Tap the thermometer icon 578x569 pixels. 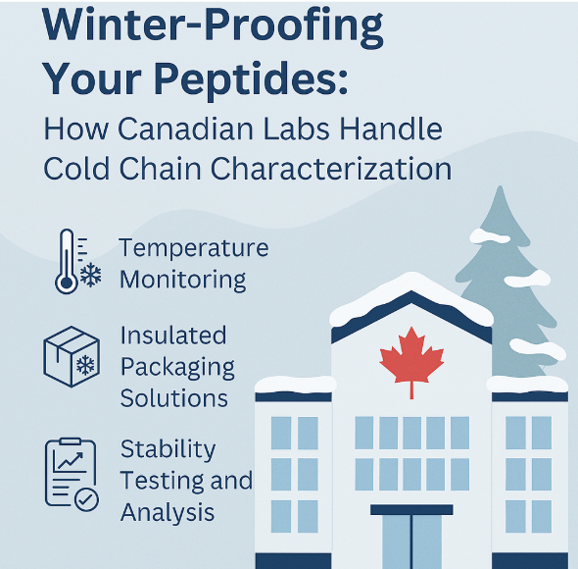click(67, 261)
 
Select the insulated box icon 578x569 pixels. click(72, 357)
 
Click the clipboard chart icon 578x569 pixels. click(72, 474)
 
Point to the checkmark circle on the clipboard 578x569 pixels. click(86, 499)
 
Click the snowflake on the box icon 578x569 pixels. click(85, 365)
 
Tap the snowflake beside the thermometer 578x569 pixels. click(90, 275)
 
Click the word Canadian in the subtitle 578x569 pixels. click(186, 129)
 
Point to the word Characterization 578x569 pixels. click(331, 169)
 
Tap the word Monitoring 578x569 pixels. click(183, 280)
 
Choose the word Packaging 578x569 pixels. click(177, 368)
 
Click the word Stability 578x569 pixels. click(169, 450)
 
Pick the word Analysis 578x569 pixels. click(168, 512)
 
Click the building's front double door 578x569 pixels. click(411, 543)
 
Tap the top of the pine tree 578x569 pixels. click(501, 187)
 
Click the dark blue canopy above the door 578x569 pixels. click(411, 509)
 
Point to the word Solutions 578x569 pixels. click(174, 398)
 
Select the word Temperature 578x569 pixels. click(194, 248)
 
